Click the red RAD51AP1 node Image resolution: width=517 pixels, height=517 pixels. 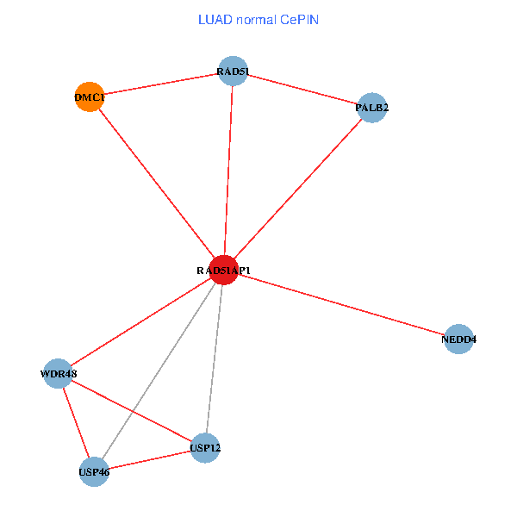coord(223,271)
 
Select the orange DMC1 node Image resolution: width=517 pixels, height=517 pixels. coord(90,97)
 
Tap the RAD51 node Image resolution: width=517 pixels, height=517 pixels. coord(233,71)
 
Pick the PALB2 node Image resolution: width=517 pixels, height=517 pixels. coord(371,108)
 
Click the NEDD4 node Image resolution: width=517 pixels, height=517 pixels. coord(458,339)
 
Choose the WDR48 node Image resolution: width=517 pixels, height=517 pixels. coord(58,374)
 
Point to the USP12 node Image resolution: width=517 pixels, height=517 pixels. coord(205,447)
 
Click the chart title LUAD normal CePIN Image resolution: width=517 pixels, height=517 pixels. coord(258,19)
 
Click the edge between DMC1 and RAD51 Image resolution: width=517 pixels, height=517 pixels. coord(161,84)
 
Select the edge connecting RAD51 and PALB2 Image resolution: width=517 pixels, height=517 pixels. coord(302,89)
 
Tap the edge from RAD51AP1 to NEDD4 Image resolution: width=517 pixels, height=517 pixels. coord(340,304)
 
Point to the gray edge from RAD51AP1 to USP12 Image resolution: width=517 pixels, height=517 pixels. coord(214,358)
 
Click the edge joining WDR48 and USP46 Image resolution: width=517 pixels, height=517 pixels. coord(75,423)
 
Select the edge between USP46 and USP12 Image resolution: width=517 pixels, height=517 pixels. coord(149,460)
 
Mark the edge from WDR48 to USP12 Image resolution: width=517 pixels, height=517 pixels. coord(131,410)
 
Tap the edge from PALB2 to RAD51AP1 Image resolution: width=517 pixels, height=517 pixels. coord(297,189)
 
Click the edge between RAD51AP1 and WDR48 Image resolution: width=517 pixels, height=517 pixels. coord(140,322)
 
